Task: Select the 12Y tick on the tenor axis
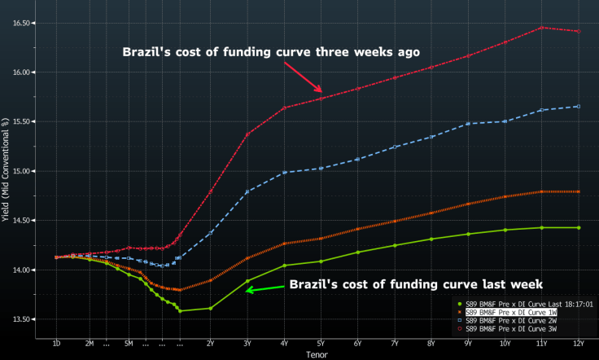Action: click(578, 343)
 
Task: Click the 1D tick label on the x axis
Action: click(57, 343)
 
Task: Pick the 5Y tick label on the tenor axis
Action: click(321, 343)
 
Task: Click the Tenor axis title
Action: click(317, 354)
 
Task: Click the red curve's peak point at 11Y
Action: click(541, 28)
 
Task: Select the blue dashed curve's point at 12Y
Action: click(578, 106)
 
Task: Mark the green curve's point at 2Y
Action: click(210, 308)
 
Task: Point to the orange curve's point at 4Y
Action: click(284, 244)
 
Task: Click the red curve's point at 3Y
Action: click(247, 134)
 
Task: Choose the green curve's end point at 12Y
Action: click(578, 227)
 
